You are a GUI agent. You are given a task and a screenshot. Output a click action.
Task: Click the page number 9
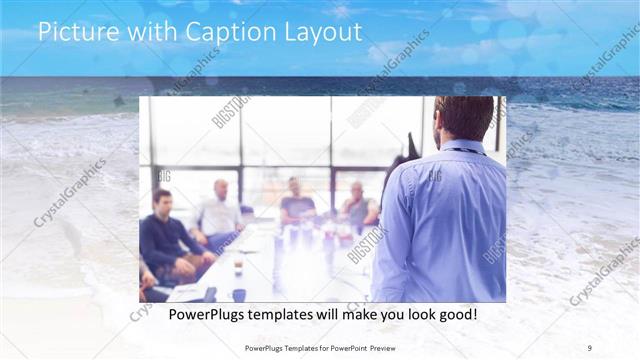point(589,347)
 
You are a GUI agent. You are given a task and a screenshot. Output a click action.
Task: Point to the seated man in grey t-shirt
point(296,204)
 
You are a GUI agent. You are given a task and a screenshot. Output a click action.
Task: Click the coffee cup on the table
point(237,267)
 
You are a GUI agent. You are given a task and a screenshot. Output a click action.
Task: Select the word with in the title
point(152,32)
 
